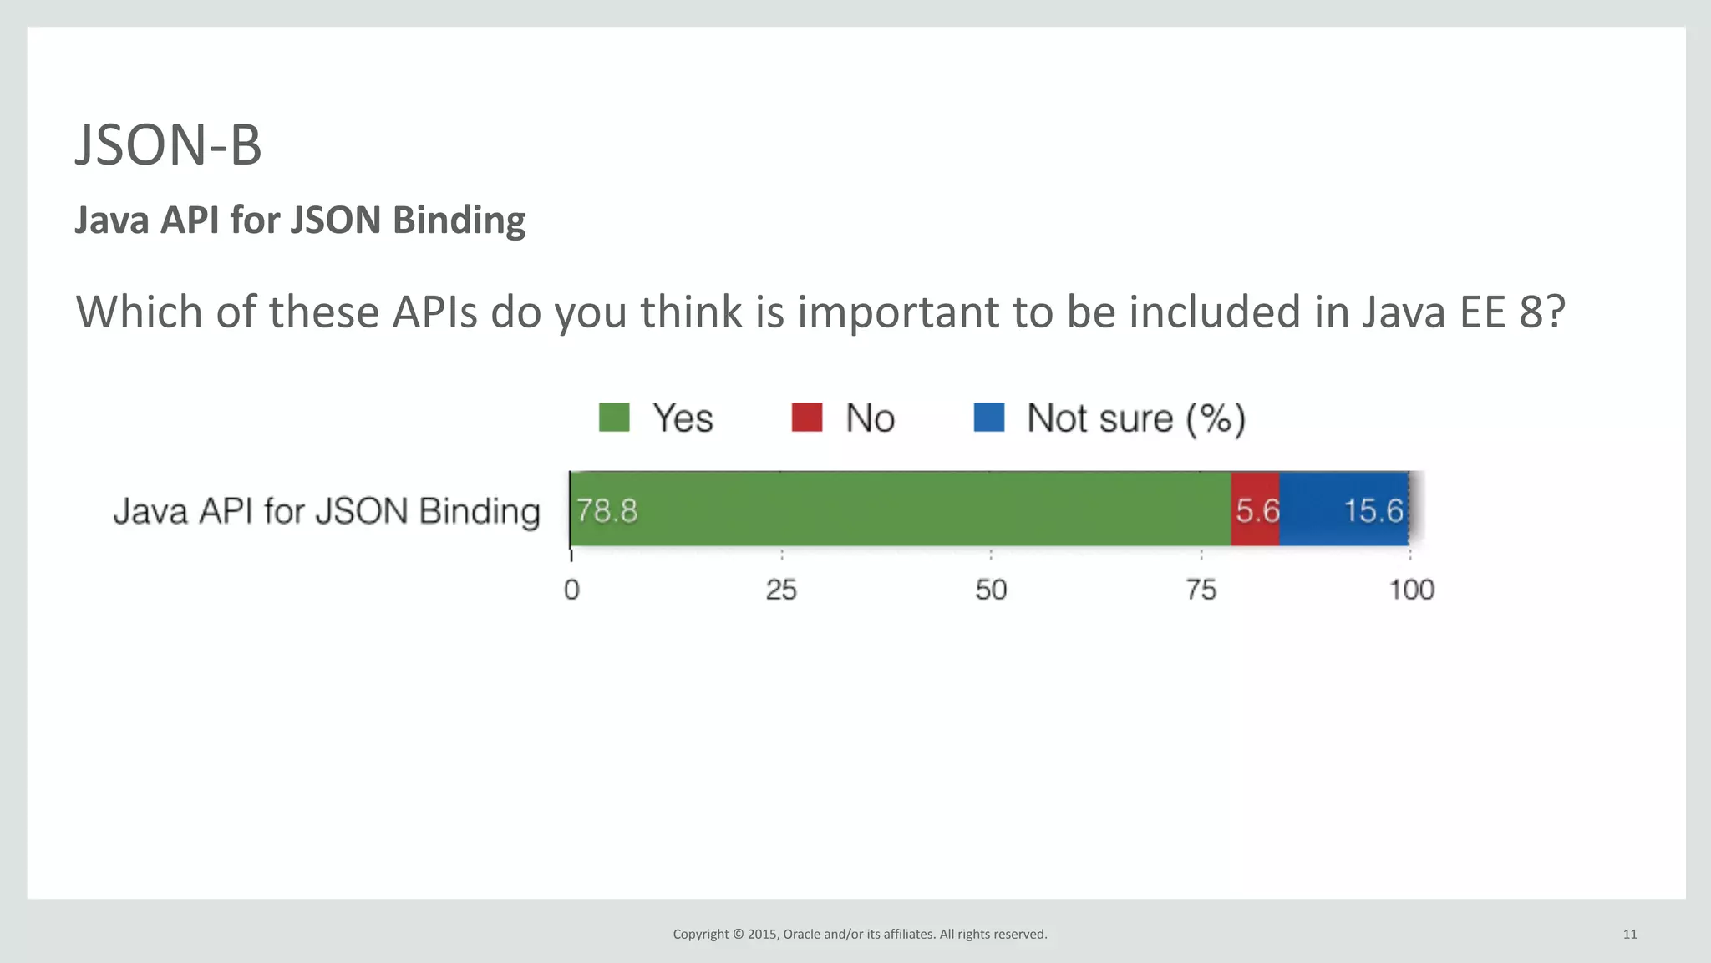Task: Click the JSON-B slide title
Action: pos(168,145)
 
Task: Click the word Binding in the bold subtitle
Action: pos(459,220)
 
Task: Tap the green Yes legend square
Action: pos(614,418)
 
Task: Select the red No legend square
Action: pos(807,418)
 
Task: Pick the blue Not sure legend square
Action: pos(989,418)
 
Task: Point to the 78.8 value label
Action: pos(607,510)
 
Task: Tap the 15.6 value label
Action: pos(1373,510)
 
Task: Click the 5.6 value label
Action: pos(1257,510)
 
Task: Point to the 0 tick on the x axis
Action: pos(571,590)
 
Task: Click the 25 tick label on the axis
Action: pos(781,590)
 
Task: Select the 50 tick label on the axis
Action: pos(991,590)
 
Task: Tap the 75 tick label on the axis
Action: pos(1201,590)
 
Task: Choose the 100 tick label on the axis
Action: pos(1411,590)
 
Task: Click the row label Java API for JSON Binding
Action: pos(327,511)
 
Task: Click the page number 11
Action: pos(1629,935)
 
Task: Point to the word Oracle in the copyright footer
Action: pos(801,935)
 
